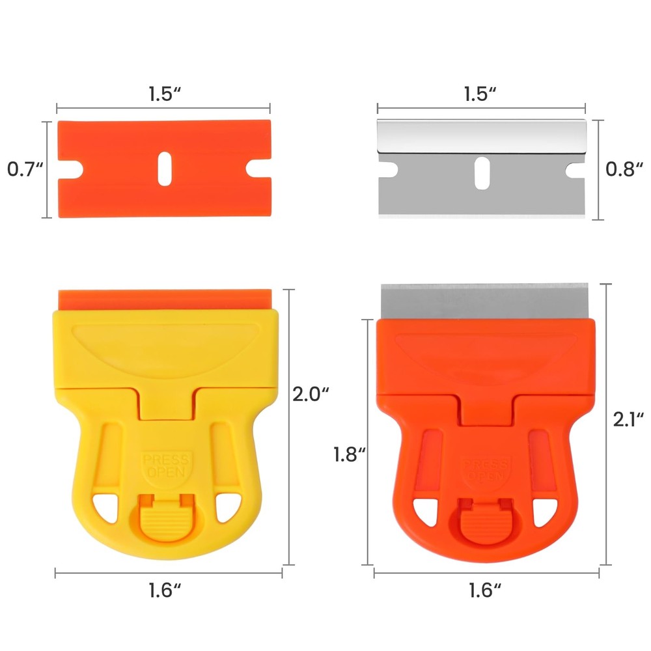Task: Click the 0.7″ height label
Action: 25,170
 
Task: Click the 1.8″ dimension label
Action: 348,454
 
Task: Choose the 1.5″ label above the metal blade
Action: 481,93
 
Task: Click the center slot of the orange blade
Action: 163,170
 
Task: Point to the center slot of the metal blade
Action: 481,173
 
